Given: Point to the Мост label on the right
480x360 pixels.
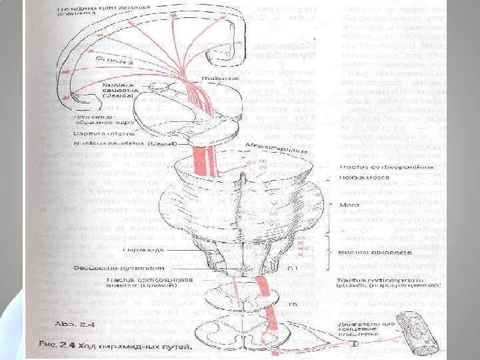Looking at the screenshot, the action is pos(345,206).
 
